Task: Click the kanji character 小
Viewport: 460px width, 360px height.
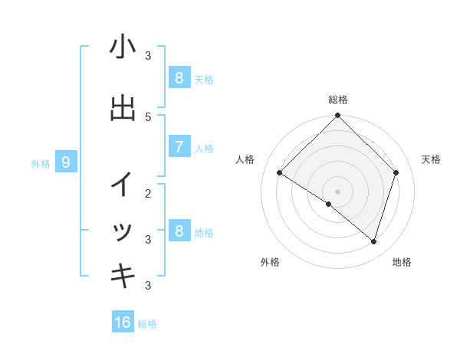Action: tap(123, 47)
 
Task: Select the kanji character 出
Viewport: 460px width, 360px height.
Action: tap(123, 109)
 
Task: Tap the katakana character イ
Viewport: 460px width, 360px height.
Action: tap(123, 185)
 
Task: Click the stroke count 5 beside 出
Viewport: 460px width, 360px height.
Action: tap(148, 116)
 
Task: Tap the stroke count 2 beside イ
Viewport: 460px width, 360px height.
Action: tap(148, 193)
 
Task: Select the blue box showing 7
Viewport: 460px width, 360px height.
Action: tap(179, 147)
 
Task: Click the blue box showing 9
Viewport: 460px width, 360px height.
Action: tap(66, 162)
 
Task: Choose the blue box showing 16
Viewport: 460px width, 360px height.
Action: tap(123, 322)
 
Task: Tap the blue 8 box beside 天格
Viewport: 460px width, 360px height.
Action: tap(179, 77)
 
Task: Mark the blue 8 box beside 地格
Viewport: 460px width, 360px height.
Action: tap(179, 231)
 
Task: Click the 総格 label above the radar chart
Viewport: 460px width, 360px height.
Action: tap(337, 100)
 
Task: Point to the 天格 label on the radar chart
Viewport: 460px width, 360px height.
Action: tap(432, 159)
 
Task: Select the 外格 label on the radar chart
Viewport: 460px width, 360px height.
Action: tap(270, 262)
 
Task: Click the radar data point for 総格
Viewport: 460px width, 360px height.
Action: tap(337, 116)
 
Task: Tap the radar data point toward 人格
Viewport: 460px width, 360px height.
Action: tap(280, 173)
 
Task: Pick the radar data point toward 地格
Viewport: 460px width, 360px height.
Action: tap(373, 241)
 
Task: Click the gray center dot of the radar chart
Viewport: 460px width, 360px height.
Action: tap(337, 191)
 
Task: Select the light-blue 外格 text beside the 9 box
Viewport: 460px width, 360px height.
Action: tap(41, 163)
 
